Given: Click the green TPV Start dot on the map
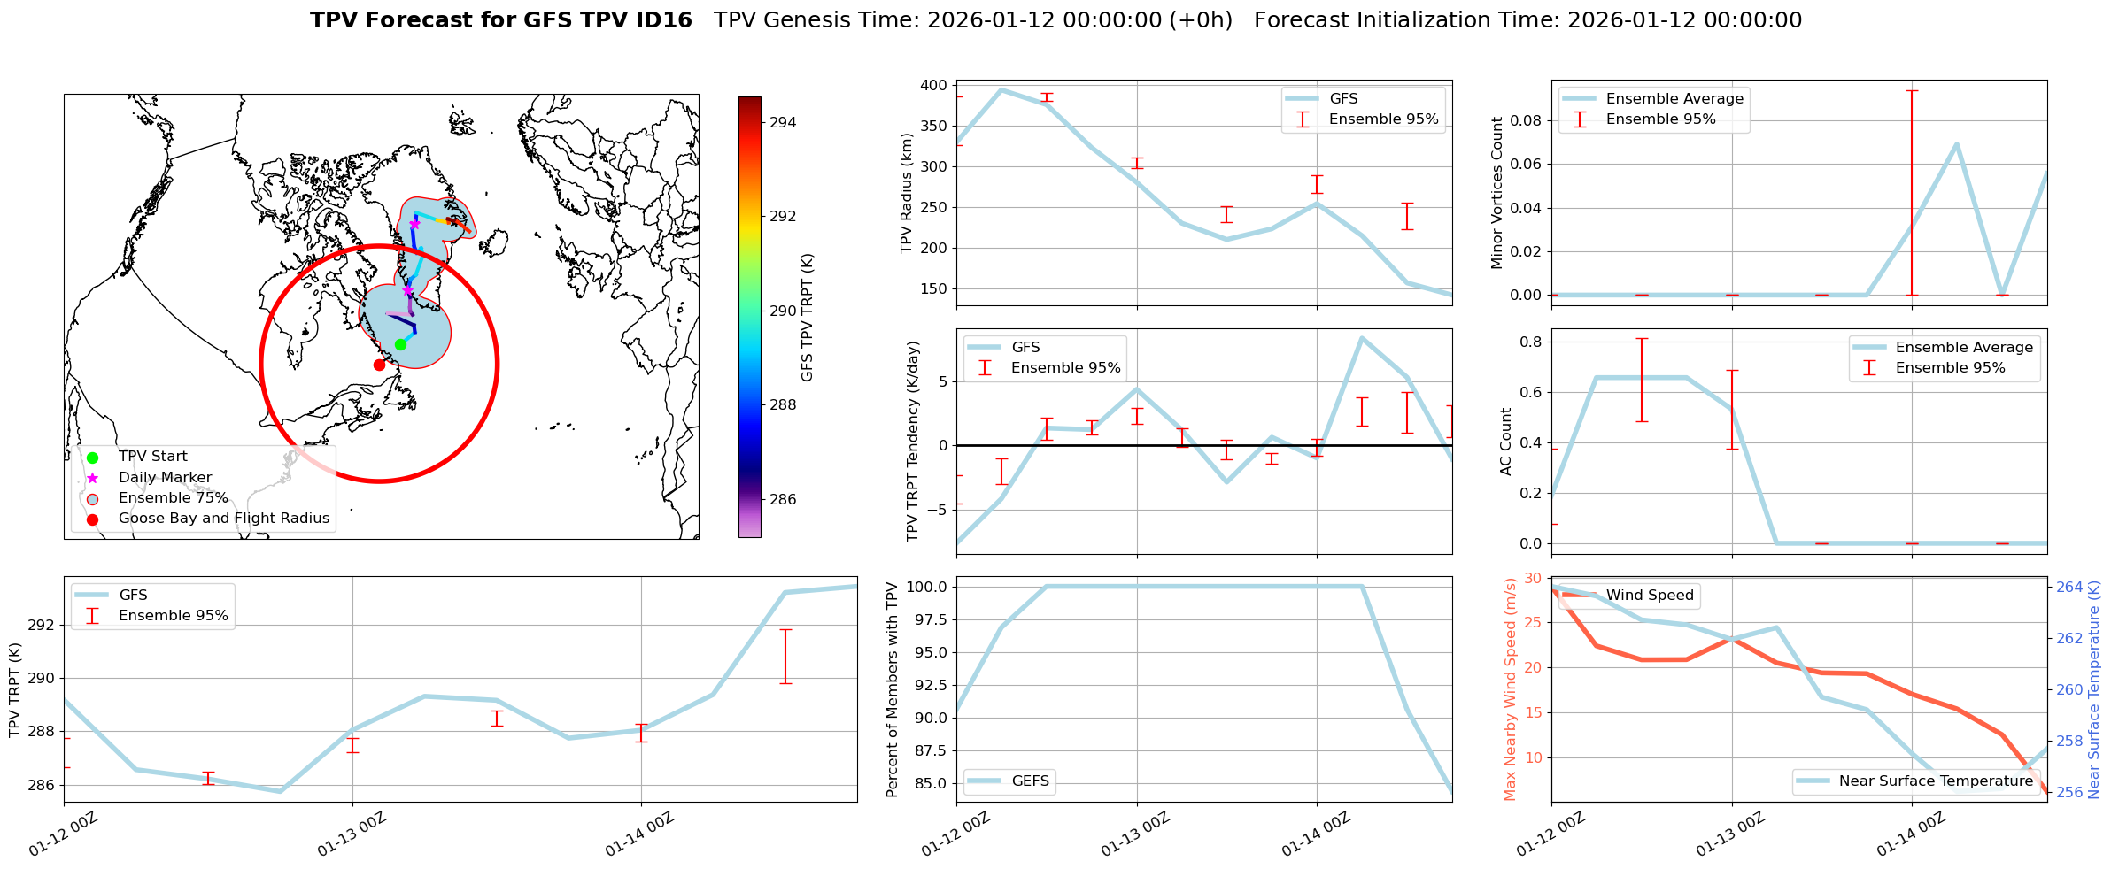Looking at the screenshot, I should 400,344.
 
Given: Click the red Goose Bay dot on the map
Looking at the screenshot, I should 379,365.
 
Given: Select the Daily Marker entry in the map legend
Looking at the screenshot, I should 165,477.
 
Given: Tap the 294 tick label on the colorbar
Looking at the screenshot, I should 783,122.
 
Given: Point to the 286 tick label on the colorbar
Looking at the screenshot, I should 783,499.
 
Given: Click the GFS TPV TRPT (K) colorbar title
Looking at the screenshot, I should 807,317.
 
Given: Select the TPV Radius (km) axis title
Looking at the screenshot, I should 906,193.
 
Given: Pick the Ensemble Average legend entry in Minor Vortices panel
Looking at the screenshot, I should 1674,98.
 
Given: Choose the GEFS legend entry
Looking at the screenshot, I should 1030,781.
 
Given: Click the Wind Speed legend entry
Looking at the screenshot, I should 1649,595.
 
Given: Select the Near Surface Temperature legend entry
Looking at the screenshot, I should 1935,781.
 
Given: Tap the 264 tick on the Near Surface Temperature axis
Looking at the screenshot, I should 2068,587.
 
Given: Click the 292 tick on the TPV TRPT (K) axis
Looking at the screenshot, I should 43,625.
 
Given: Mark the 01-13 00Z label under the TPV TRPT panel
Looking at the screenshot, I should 352,834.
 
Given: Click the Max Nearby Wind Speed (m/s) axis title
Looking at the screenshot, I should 1510,688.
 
